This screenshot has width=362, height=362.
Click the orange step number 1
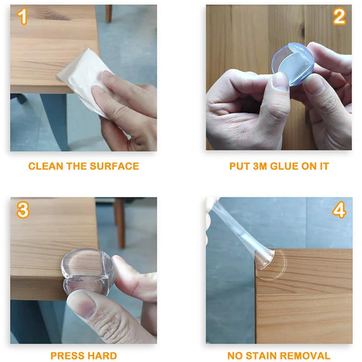click(22, 16)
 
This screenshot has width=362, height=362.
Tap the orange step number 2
click(339, 16)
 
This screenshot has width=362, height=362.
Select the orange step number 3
click(23, 209)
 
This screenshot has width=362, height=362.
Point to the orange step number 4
click(339, 209)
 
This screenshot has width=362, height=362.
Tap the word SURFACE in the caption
click(114, 166)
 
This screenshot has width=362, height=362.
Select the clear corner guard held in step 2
click(293, 64)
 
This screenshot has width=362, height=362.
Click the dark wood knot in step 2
click(303, 31)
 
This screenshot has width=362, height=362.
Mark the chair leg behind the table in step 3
click(120, 223)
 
